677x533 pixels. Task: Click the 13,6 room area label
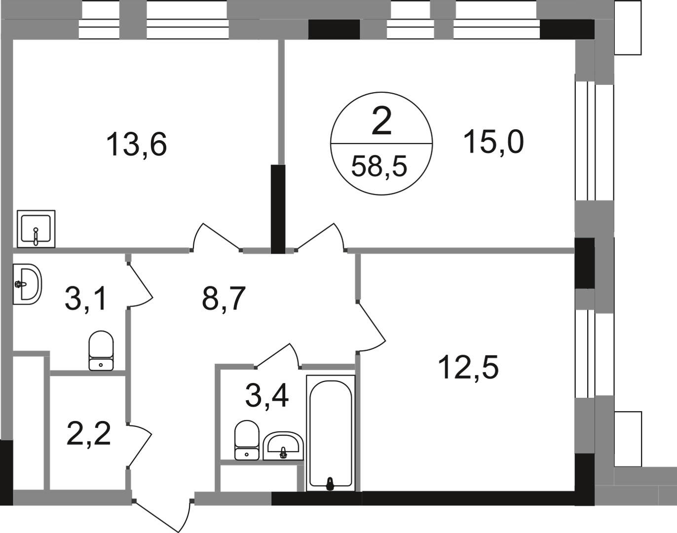(137, 144)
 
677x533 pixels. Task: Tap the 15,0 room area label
(493, 142)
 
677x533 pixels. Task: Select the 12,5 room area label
(468, 368)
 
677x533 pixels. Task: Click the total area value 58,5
(379, 166)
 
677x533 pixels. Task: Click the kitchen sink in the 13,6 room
(36, 228)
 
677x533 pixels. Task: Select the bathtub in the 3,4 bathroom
(331, 433)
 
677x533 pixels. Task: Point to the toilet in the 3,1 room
(101, 350)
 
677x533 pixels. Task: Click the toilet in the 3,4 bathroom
(247, 440)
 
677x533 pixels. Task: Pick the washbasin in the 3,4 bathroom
(283, 445)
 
